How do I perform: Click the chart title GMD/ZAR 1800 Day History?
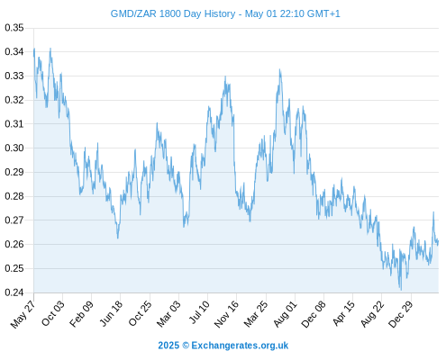pyautogui.click(x=173, y=13)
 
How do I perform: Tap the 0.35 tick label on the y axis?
pyautogui.click(x=14, y=28)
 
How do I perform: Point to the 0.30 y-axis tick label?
pyautogui.click(x=14, y=148)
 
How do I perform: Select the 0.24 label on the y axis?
pyautogui.click(x=14, y=292)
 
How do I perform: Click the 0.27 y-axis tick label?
pyautogui.click(x=14, y=220)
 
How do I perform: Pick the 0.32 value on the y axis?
pyautogui.click(x=14, y=100)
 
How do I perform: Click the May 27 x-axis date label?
pyautogui.click(x=23, y=314)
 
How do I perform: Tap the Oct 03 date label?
pyautogui.click(x=53, y=313)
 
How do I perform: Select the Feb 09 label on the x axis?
pyautogui.click(x=81, y=313)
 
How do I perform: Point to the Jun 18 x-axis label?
pyautogui.click(x=111, y=313)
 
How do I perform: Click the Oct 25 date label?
pyautogui.click(x=140, y=313)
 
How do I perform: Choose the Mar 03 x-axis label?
pyautogui.click(x=168, y=313)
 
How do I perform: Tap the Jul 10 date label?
pyautogui.click(x=199, y=312)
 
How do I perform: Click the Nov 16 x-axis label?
pyautogui.click(x=226, y=313)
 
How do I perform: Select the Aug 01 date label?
pyautogui.click(x=285, y=314)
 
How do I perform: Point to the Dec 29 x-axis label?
pyautogui.click(x=401, y=314)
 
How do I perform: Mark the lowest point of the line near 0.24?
pyautogui.click(x=401, y=290)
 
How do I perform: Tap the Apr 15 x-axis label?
pyautogui.click(x=343, y=313)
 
